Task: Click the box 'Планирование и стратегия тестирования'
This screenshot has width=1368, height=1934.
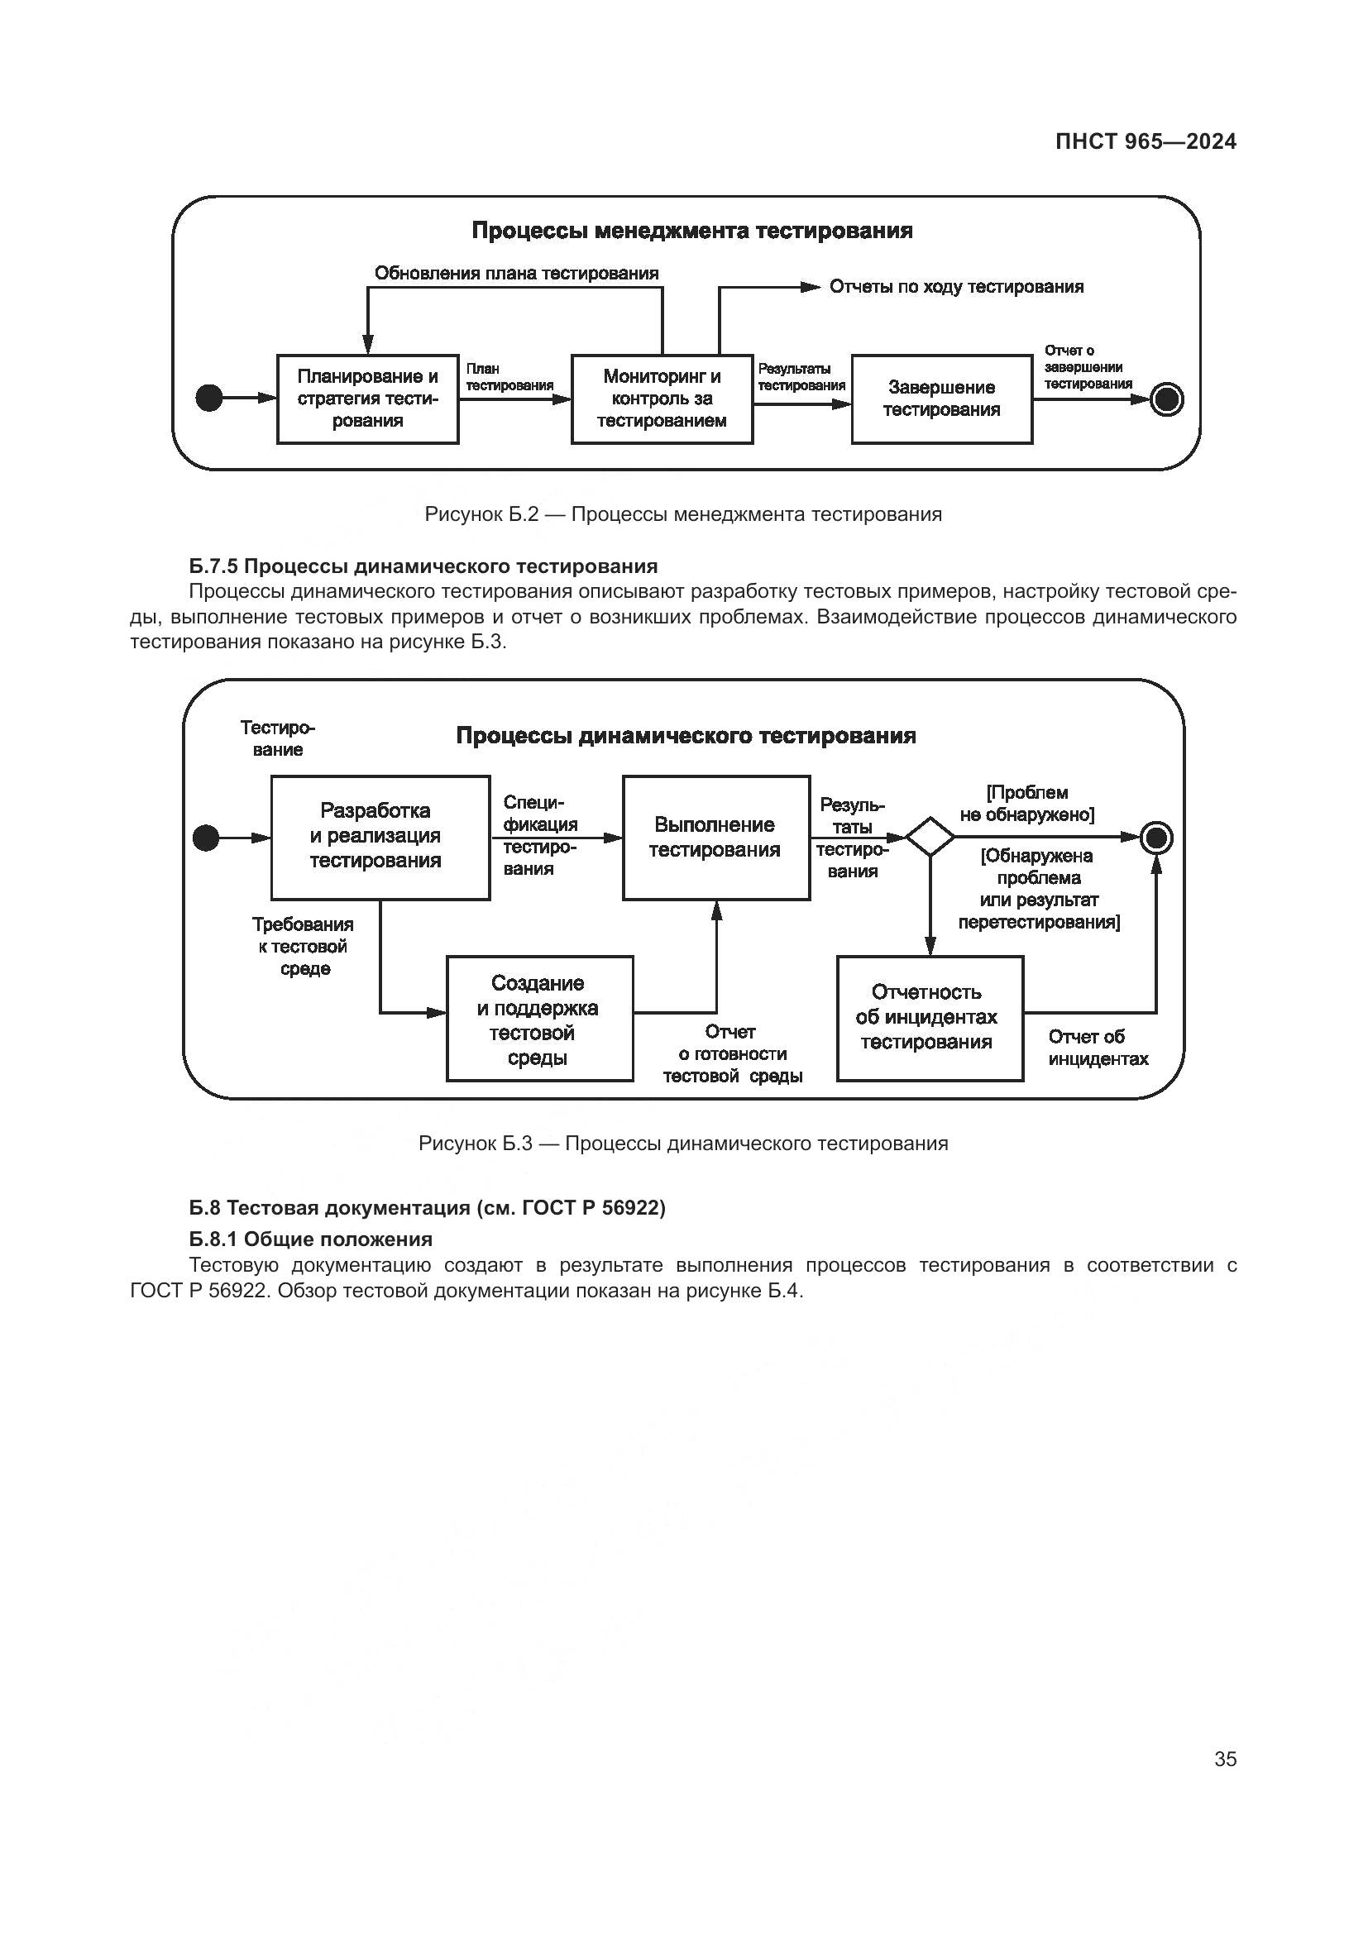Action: (367, 399)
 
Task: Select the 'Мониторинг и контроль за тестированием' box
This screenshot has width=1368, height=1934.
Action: (662, 399)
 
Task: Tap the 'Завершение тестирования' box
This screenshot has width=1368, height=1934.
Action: (941, 399)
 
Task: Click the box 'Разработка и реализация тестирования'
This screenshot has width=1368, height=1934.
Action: (380, 837)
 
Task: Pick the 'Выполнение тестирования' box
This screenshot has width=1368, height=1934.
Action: (716, 837)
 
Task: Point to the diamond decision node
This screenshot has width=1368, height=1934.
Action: (929, 837)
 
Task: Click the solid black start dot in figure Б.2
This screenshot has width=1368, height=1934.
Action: (209, 398)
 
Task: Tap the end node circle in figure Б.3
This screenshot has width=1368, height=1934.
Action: (1155, 838)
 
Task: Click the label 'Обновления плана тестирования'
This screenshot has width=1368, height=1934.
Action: (516, 273)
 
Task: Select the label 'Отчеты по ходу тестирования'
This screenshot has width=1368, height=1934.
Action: (956, 286)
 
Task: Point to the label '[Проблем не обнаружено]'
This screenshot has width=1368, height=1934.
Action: (1027, 804)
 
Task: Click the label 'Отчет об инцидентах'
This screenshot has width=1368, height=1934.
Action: (1098, 1048)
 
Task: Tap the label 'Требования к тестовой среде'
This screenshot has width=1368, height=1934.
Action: (304, 946)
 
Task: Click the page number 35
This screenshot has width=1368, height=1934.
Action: (1225, 1759)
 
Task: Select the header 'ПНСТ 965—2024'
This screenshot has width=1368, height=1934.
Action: (1146, 141)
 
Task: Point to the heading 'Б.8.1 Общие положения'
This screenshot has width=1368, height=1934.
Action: (310, 1239)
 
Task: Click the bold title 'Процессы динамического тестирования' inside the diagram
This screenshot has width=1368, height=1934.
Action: (686, 735)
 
